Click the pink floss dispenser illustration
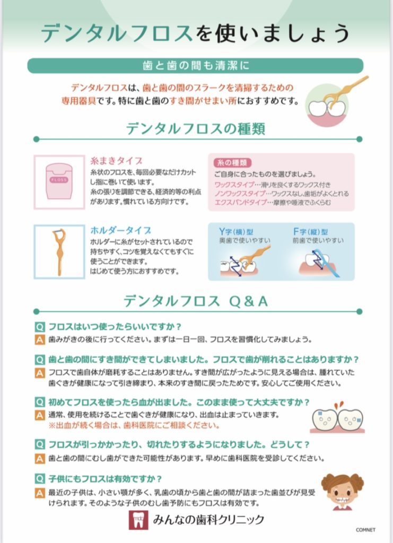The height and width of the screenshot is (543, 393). click(x=59, y=181)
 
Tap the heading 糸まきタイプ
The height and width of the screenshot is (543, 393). click(x=116, y=161)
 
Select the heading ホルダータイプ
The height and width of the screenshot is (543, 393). click(x=120, y=230)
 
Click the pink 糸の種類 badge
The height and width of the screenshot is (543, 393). click(x=232, y=163)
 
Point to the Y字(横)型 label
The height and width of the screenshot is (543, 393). click(x=236, y=232)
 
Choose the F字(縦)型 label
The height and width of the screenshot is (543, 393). click(x=310, y=232)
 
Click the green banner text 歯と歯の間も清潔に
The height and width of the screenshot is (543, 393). click(x=196, y=65)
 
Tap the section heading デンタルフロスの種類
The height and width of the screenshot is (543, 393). click(x=196, y=129)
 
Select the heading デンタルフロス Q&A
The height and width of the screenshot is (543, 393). click(x=196, y=301)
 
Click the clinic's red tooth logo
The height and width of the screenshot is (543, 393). click(x=138, y=520)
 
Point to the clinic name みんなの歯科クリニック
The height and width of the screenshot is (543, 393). click(x=208, y=520)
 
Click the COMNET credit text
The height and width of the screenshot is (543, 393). click(x=365, y=530)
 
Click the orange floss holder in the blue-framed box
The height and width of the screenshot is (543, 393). click(x=59, y=252)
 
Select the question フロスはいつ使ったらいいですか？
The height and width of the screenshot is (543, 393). click(x=115, y=327)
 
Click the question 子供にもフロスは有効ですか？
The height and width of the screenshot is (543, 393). click(x=105, y=479)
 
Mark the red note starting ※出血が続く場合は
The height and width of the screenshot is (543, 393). click(x=134, y=425)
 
